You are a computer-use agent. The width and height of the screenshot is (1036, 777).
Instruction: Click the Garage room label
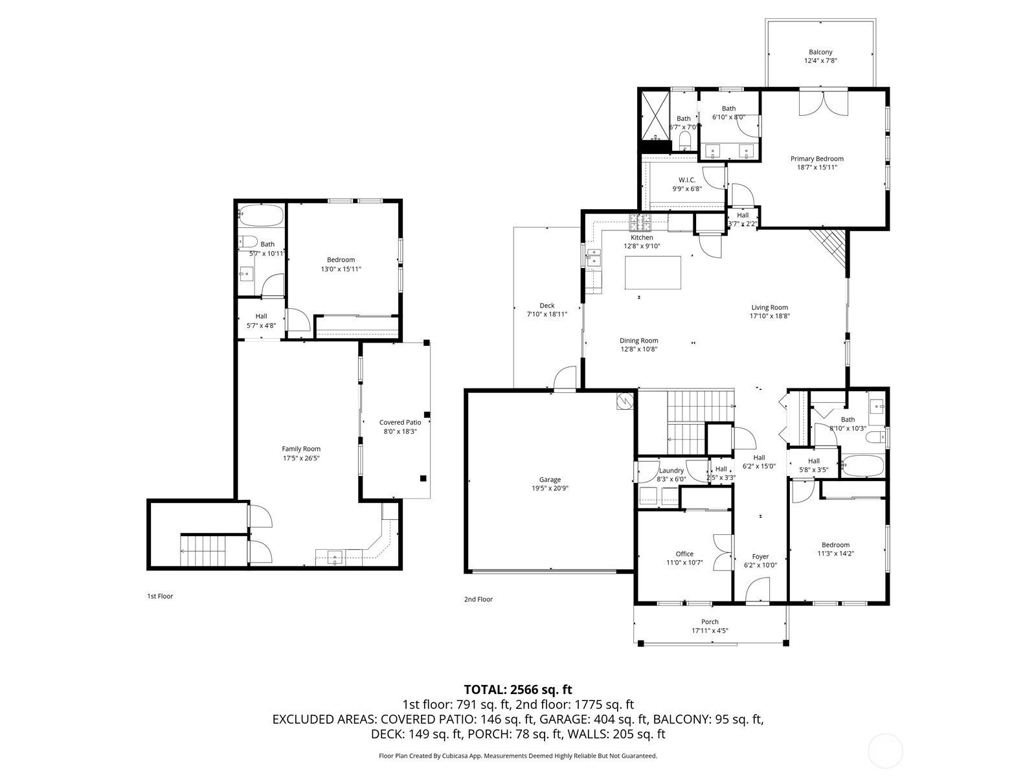pyautogui.click(x=550, y=479)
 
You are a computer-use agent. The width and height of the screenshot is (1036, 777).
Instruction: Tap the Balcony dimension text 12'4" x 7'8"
pyautogui.click(x=820, y=60)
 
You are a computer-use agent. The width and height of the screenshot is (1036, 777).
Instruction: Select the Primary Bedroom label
pyautogui.click(x=817, y=159)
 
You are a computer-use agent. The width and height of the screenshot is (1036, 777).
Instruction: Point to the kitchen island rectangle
pyautogui.click(x=653, y=272)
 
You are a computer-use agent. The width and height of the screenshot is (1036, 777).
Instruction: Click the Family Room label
pyautogui.click(x=301, y=449)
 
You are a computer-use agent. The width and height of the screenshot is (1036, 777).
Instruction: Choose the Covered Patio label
pyautogui.click(x=400, y=422)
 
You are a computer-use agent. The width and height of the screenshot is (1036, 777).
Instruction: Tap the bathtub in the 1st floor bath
pyautogui.click(x=261, y=216)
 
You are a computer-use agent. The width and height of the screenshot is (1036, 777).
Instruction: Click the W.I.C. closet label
pyautogui.click(x=687, y=180)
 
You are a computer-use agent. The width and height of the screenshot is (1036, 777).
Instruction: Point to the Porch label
pyautogui.click(x=710, y=622)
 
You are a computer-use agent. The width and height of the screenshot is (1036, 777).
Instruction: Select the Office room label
pyautogui.click(x=684, y=554)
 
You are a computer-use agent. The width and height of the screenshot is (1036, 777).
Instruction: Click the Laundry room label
pyautogui.click(x=671, y=470)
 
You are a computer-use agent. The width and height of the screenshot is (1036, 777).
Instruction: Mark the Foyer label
pyautogui.click(x=760, y=557)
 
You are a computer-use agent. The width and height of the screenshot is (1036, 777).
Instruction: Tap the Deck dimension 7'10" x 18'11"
pyautogui.click(x=547, y=314)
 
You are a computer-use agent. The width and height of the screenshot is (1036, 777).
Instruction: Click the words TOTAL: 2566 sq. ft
pyautogui.click(x=518, y=690)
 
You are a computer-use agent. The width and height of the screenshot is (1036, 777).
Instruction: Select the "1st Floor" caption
pyautogui.click(x=160, y=596)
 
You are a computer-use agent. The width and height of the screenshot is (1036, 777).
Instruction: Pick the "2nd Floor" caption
pyautogui.click(x=478, y=599)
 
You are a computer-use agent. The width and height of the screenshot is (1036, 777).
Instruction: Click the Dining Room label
pyautogui.click(x=638, y=341)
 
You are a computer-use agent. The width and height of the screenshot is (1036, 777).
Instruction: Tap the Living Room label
pyautogui.click(x=769, y=308)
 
